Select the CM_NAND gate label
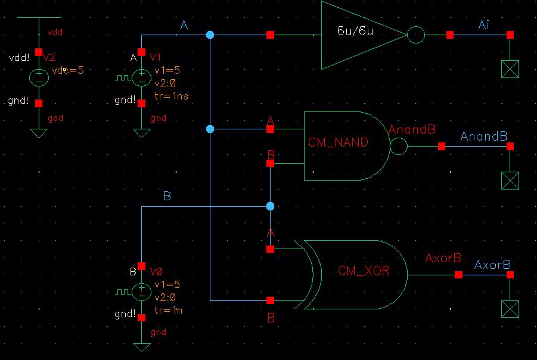(338, 142)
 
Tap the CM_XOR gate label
(364, 271)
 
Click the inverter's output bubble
(416, 35)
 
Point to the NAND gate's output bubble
(398, 146)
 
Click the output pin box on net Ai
(510, 70)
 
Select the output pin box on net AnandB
(510, 181)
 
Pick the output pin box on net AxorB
(510, 309)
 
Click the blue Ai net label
(485, 24)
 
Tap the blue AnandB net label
(483, 136)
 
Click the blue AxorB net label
(492, 265)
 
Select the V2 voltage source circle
(39, 77)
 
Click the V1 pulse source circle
(141, 77)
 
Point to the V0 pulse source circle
(141, 291)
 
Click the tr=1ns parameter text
(171, 96)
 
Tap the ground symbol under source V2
(39, 132)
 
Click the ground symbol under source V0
(141, 346)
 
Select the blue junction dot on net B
(270, 206)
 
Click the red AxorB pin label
(443, 259)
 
